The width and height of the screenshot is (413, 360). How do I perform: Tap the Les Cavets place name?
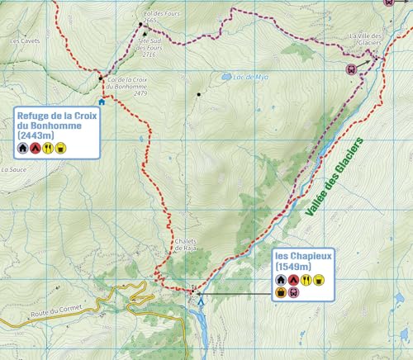point(25,39)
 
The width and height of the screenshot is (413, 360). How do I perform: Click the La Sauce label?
point(14,168)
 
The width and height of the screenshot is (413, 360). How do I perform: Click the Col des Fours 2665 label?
point(159,17)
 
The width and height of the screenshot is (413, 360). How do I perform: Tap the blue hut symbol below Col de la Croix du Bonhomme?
point(102,102)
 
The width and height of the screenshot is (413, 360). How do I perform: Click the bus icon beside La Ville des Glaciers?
point(351,69)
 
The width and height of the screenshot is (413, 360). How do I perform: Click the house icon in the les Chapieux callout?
point(280,280)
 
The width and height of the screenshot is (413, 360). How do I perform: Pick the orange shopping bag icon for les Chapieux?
point(281,291)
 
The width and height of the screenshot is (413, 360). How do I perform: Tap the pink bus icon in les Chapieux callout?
point(294,291)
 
